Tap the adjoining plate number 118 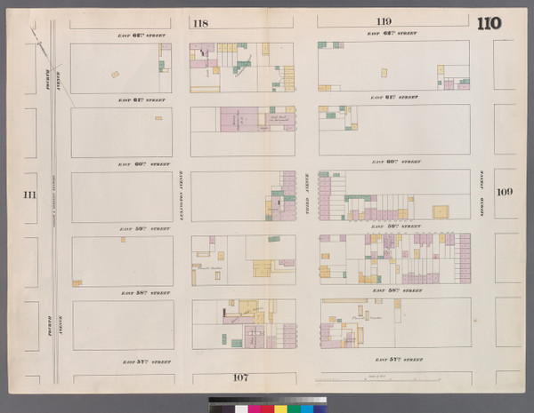click(x=200, y=24)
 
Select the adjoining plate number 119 click(x=383, y=21)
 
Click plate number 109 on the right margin click(x=505, y=192)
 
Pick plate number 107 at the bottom click(x=239, y=377)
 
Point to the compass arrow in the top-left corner click(x=36, y=35)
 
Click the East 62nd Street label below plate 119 click(x=394, y=34)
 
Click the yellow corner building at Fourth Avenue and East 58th click(x=77, y=282)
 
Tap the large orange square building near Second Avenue click(x=440, y=211)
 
